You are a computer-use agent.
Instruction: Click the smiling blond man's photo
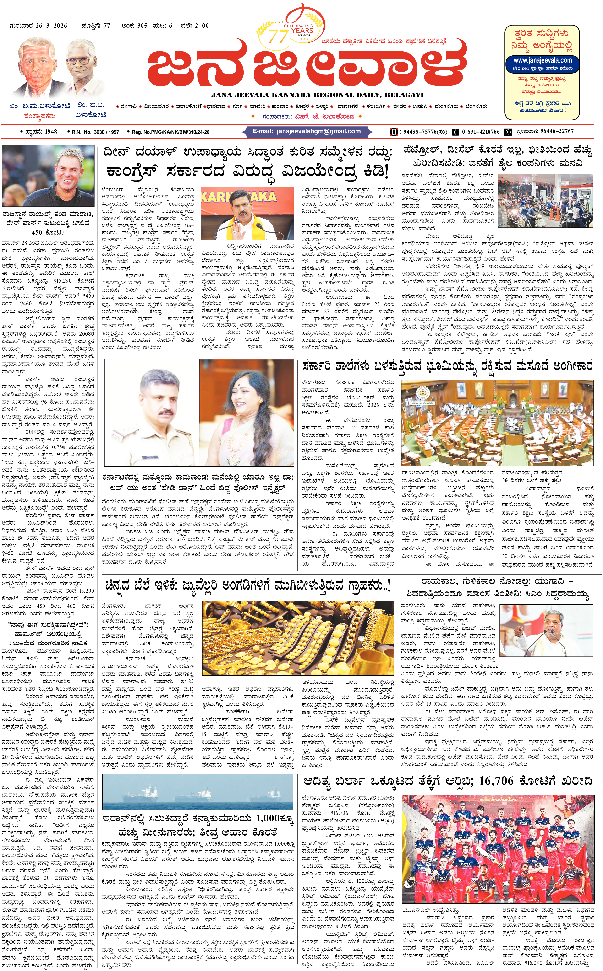click(x=49, y=176)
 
